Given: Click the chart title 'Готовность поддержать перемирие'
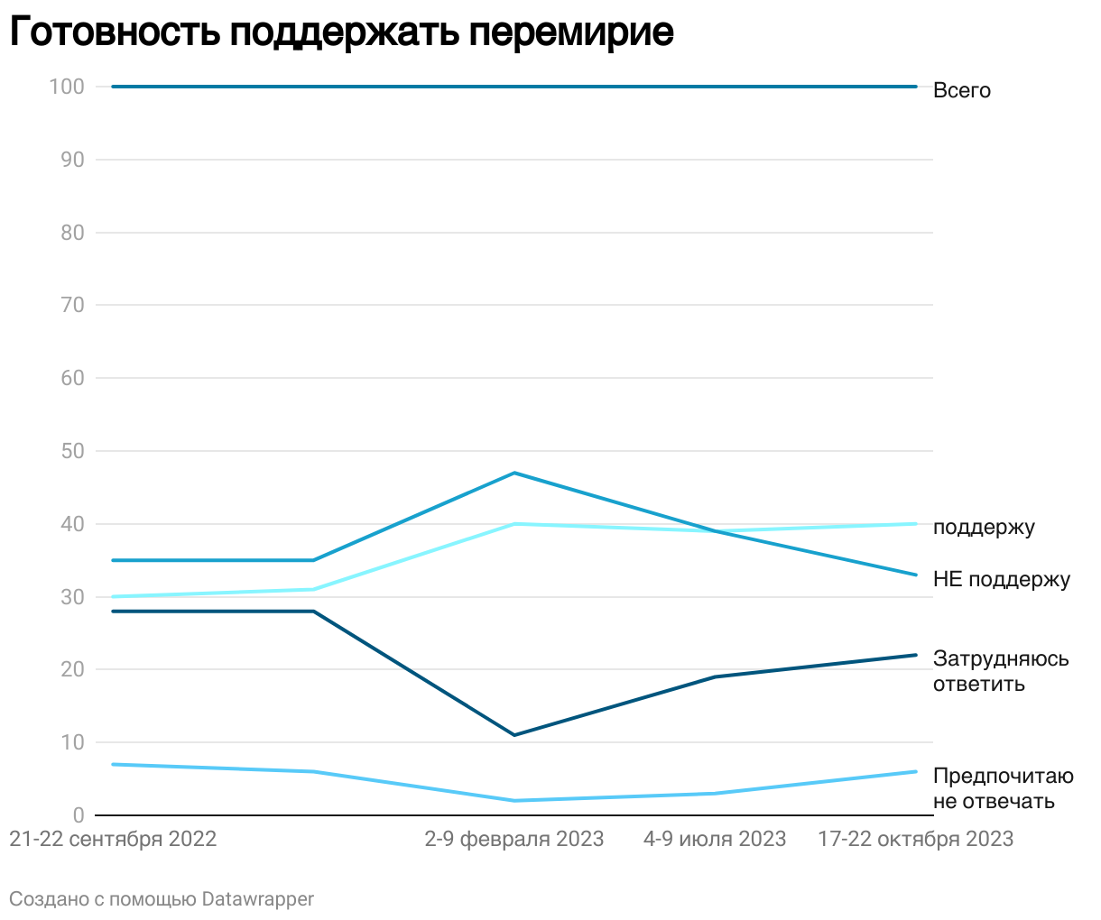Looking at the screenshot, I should coord(341,32).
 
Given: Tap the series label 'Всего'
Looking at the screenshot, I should coord(962,90).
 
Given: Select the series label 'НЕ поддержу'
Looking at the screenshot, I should coord(1002,579).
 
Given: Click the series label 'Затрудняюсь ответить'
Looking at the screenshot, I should coord(1001,671).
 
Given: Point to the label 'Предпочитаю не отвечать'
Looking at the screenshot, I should coord(1003,788).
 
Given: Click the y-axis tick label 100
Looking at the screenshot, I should coord(68,87).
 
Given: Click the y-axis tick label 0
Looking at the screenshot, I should coord(79,815).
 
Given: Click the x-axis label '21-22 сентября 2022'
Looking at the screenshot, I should coord(113,839).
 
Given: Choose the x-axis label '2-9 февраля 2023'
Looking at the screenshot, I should coord(514,839).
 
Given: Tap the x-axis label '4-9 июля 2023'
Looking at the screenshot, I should coord(715,839).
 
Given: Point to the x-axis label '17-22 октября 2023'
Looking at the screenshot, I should coord(915,839).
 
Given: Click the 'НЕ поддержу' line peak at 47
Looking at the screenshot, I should coord(514,473).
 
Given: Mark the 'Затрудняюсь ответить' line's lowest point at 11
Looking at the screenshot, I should coord(514,735).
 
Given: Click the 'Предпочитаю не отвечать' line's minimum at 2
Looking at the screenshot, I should coord(514,801).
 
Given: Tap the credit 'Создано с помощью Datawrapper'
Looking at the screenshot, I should coord(162,899).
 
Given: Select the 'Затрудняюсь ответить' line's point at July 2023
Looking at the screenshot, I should coord(715,676).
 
